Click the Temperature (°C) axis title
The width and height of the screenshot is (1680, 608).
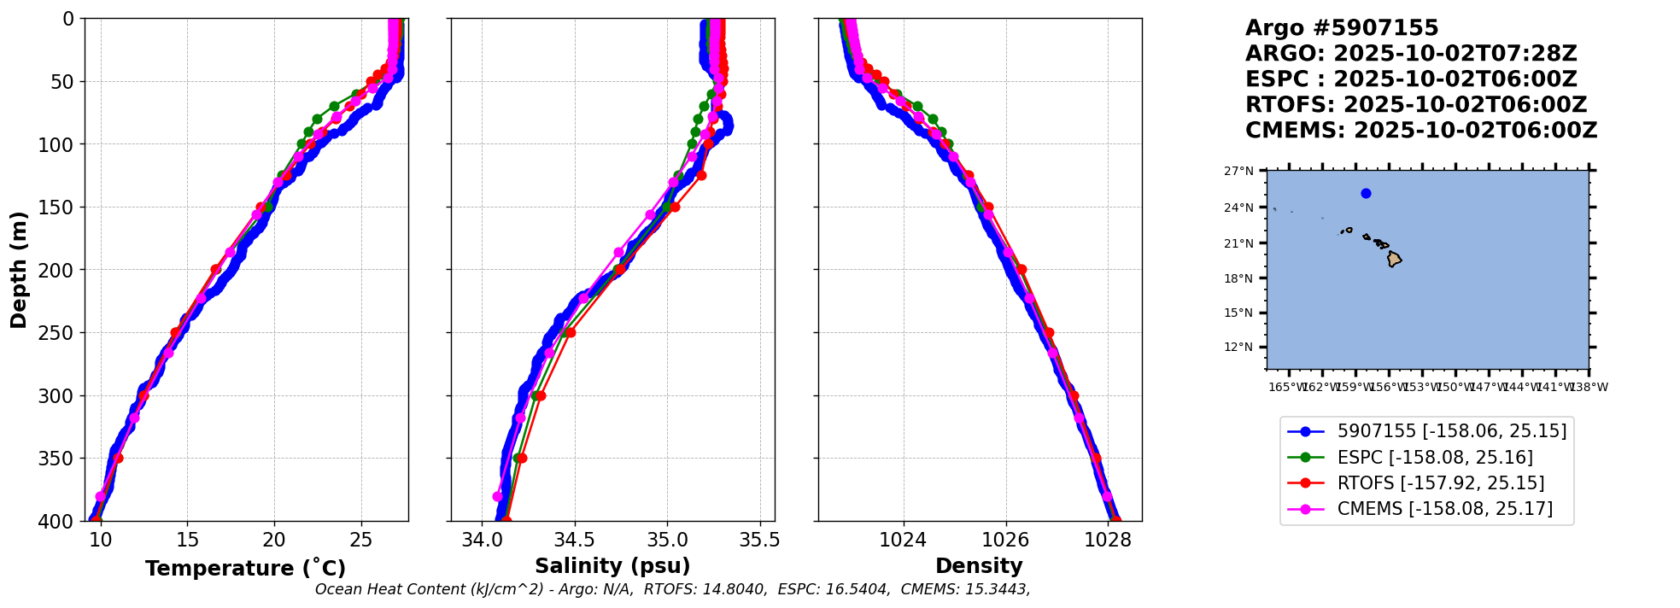pos(245,569)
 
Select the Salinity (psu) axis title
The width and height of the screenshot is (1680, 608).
pos(612,566)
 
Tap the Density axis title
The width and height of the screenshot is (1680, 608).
pos(979,566)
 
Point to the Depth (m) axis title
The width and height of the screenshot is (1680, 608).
pos(19,269)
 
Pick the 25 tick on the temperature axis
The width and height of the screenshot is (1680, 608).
pos(361,540)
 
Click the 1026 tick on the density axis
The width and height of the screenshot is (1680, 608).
pos(1005,540)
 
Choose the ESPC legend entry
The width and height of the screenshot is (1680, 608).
pos(1434,458)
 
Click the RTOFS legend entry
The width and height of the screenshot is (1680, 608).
pos(1440,483)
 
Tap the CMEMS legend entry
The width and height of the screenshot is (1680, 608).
pos(1444,509)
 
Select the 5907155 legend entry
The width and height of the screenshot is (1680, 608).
pos(1451,431)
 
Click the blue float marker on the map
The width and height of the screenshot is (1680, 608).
pos(1366,193)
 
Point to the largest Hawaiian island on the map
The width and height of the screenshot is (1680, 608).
pos(1394,259)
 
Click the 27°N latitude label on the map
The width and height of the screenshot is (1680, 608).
pos(1238,171)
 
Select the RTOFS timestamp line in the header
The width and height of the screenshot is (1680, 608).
pos(1415,105)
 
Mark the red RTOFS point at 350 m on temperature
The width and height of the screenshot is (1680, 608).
pos(118,459)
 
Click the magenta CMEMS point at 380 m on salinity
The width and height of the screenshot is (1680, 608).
pos(498,496)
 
